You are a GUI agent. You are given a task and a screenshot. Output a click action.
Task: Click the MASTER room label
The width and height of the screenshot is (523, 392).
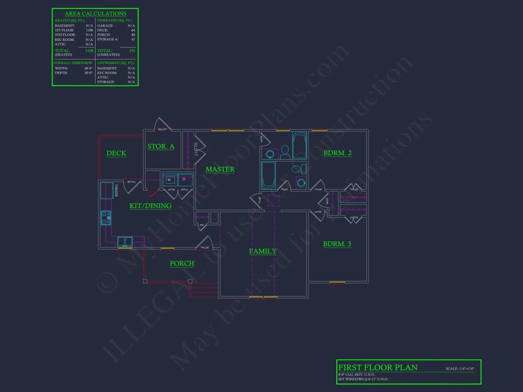(220, 169)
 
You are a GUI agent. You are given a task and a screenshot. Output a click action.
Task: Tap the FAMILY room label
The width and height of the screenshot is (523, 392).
(262, 251)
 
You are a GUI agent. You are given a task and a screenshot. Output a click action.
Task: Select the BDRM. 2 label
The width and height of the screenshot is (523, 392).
(337, 153)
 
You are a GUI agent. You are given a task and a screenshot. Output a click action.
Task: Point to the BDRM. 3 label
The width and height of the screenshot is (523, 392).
(337, 244)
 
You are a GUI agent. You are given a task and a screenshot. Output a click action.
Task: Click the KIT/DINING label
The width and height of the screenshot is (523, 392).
(150, 206)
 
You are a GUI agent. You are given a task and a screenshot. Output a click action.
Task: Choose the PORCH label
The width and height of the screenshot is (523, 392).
(182, 264)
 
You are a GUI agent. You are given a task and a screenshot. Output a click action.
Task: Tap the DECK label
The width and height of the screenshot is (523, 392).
(116, 153)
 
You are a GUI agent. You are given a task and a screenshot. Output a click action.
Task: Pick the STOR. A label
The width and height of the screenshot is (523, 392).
(161, 146)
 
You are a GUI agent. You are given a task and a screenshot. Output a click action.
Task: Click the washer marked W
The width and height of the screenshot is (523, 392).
(169, 180)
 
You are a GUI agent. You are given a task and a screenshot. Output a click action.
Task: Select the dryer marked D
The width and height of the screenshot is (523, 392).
(184, 180)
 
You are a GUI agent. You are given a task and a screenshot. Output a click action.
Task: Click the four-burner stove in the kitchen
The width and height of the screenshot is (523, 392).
(106, 218)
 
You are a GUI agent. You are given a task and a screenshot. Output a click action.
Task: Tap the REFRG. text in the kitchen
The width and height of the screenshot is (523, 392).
(116, 190)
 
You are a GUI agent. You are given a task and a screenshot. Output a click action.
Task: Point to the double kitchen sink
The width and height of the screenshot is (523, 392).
(125, 242)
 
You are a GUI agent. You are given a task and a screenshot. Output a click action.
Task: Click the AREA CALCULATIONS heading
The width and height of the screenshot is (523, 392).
(96, 14)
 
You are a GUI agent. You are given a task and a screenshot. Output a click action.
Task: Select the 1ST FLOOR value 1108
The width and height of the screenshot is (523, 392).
(89, 30)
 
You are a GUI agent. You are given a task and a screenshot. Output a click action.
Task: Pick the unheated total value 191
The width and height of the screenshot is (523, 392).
(132, 50)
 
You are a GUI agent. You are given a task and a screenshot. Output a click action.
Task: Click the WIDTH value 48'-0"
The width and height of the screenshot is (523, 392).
(88, 68)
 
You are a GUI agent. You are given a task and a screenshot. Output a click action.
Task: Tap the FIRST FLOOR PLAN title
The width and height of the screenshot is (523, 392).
(378, 367)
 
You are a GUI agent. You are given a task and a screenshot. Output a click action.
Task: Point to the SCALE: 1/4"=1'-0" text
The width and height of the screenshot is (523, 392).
(460, 369)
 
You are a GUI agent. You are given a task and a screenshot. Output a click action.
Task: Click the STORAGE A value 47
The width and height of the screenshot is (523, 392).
(133, 39)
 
